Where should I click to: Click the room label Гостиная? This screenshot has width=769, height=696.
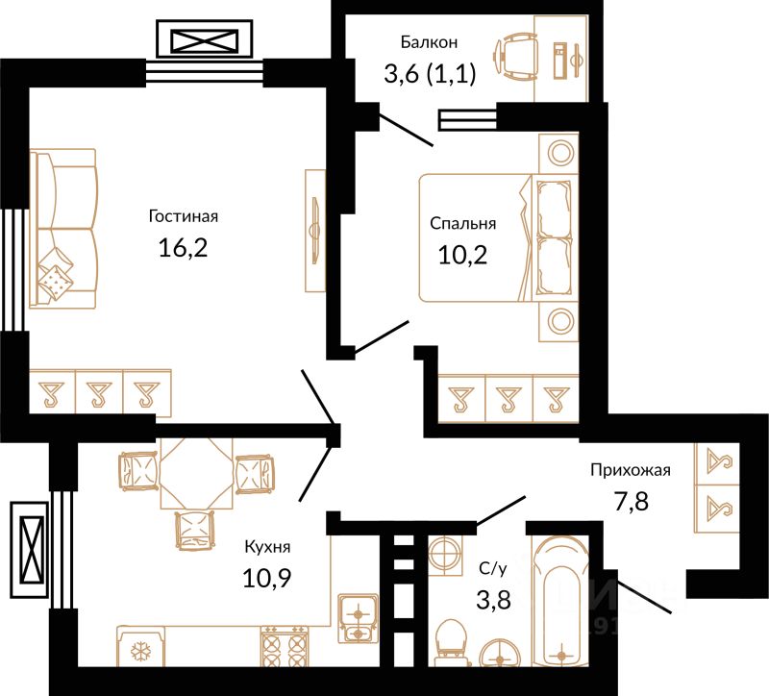click(184, 216)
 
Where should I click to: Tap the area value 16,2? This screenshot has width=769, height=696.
click(183, 247)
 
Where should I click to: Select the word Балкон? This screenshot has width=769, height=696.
click(429, 42)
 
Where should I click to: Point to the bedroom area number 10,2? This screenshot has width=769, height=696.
click(462, 255)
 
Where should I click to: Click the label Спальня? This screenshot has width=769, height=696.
click(463, 224)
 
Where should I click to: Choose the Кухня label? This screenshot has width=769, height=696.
click(267, 547)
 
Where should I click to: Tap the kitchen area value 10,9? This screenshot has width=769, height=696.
click(267, 578)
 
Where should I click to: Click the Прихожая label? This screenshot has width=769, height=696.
click(631, 470)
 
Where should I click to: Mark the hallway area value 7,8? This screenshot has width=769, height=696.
click(632, 502)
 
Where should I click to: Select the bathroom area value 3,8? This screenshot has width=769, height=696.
click(493, 599)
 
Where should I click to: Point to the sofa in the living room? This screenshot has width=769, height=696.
click(63, 229)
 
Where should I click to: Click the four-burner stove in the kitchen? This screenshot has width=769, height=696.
click(284, 646)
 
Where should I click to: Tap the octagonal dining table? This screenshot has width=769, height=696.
click(197, 474)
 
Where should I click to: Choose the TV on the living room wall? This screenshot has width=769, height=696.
click(315, 231)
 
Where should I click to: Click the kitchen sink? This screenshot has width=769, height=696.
click(358, 618)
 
